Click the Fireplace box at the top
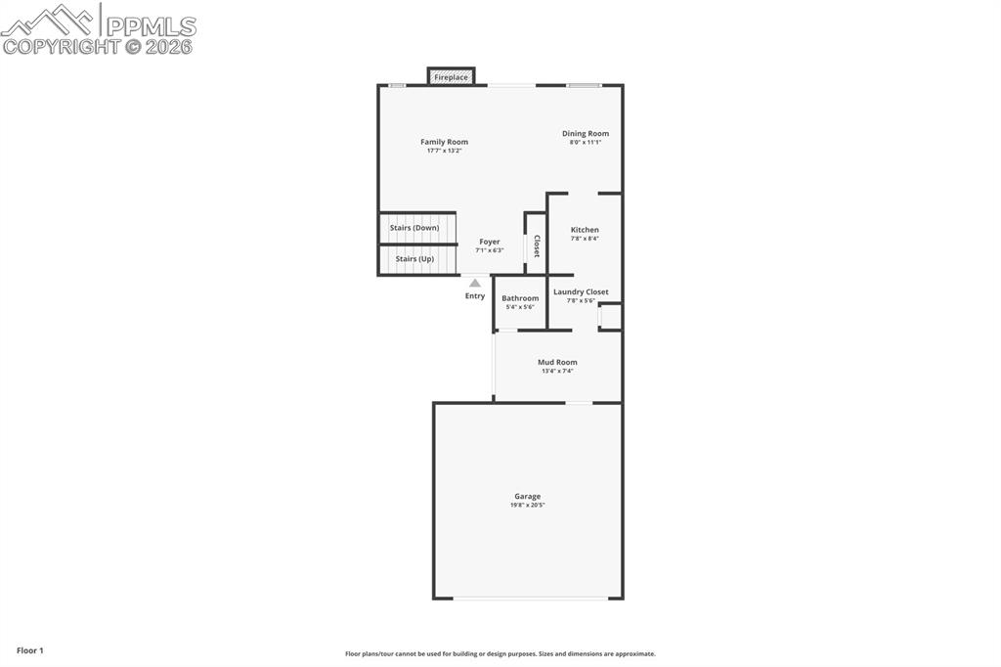[x=451, y=76]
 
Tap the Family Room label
[x=444, y=142]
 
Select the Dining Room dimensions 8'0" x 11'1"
[x=586, y=143]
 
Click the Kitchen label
[x=585, y=230]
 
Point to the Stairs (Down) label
[x=414, y=228]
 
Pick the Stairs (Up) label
[x=414, y=259]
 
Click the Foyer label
[x=490, y=242]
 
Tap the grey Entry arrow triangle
[x=475, y=284]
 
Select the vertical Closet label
[x=537, y=245]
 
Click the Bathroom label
[x=520, y=298]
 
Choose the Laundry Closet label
[x=581, y=291]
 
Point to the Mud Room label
[x=557, y=362]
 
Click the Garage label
[x=528, y=496]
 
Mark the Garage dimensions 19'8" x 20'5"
[x=528, y=505]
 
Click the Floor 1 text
[x=29, y=650]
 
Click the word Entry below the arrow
[x=475, y=296]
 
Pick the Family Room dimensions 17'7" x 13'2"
[x=444, y=151]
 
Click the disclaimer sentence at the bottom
[x=500, y=653]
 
